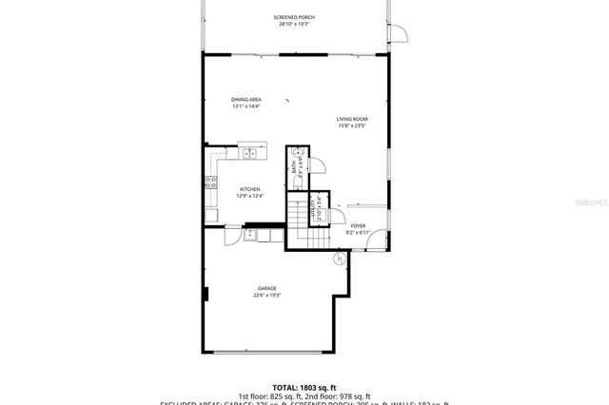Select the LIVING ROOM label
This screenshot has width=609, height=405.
(x=351, y=119)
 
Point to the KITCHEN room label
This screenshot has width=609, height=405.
(x=249, y=189)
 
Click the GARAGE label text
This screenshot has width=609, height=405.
(x=266, y=288)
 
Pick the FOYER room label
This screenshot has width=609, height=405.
(x=358, y=225)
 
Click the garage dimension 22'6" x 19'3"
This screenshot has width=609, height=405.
(x=266, y=296)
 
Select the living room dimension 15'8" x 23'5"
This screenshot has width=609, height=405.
(x=351, y=125)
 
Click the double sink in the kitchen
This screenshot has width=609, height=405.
(x=249, y=153)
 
